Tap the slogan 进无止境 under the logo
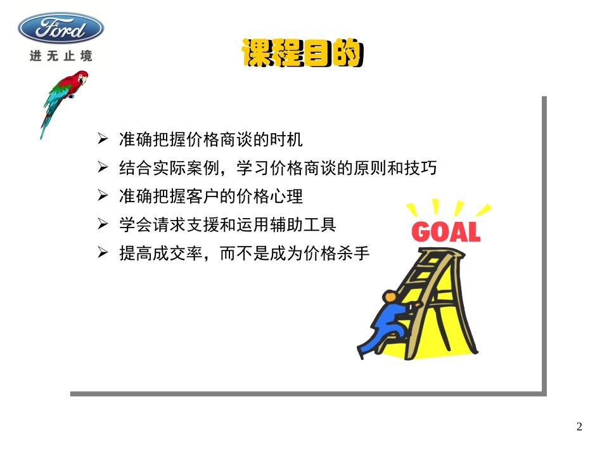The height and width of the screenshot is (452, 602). [x=61, y=56]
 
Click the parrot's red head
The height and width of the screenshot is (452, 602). [x=81, y=78]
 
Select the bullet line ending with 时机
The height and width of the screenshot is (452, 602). [x=211, y=139]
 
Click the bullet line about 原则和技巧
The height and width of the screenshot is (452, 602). [x=278, y=168]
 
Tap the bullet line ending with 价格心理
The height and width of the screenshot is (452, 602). [x=211, y=197]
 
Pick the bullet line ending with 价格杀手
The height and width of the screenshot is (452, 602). [x=243, y=254]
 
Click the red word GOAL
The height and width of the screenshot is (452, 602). [x=445, y=231]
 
